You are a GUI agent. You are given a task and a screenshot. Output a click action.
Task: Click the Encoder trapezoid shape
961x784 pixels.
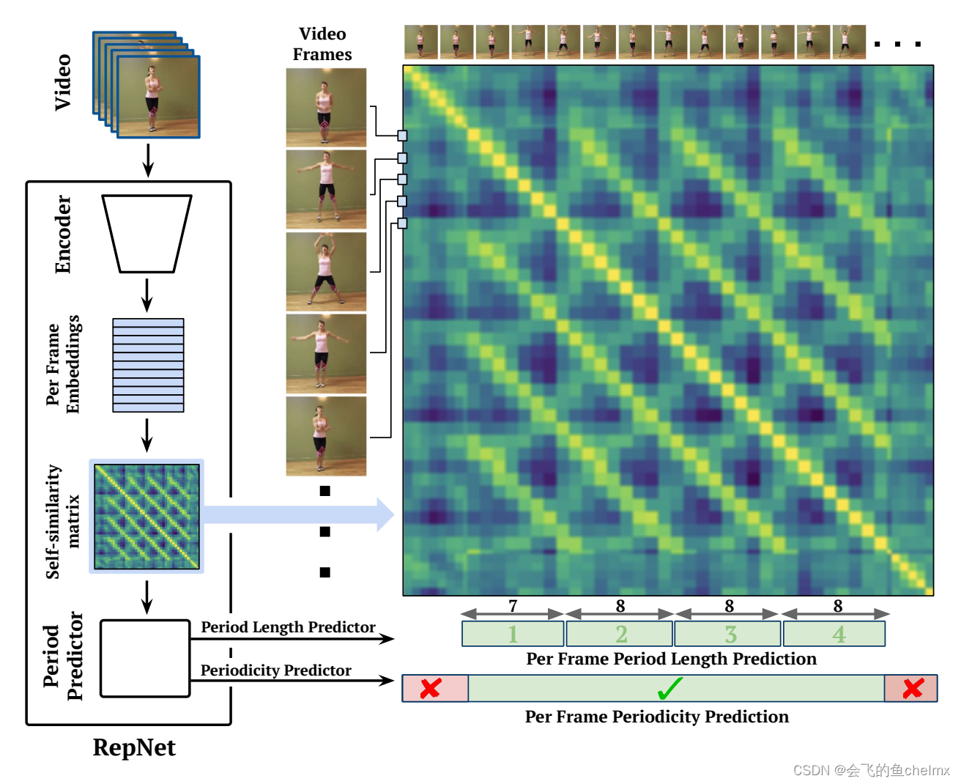coord(146,233)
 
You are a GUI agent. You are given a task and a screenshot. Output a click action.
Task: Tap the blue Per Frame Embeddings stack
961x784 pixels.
coord(148,365)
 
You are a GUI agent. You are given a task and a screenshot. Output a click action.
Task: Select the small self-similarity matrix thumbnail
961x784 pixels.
coord(146,516)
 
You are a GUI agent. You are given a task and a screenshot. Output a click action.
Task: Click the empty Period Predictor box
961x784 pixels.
coord(145,658)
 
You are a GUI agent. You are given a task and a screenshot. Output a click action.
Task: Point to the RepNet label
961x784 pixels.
coord(134,747)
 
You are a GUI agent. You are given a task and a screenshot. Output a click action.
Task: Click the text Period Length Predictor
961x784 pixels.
coord(288,627)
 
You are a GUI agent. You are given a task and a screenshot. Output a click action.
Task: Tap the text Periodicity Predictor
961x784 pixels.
coord(275,670)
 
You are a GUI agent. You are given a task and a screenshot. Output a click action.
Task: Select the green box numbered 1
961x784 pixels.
coord(513,634)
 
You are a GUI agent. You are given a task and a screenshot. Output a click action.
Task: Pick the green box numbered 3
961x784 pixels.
coord(730,634)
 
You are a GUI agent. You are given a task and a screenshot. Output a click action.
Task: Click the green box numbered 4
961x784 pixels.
coord(835,634)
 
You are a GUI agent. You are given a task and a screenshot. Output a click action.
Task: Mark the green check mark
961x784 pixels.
coord(670,689)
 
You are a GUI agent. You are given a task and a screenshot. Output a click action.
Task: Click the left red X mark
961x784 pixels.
coord(431,689)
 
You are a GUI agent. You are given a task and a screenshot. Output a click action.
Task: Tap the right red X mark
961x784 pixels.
coord(913,689)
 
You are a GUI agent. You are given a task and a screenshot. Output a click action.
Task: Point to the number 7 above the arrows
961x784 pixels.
coord(513,605)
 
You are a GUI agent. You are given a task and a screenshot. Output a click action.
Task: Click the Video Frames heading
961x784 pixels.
coord(322,44)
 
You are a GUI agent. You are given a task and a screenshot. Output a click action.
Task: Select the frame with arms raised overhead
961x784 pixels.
coord(326,271)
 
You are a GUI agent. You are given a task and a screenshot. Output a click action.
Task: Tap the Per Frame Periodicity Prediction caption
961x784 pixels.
coord(656,717)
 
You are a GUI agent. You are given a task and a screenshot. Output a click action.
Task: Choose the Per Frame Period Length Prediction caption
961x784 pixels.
coord(671,659)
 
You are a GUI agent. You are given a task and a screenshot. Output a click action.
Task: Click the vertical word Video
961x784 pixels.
coord(63,82)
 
